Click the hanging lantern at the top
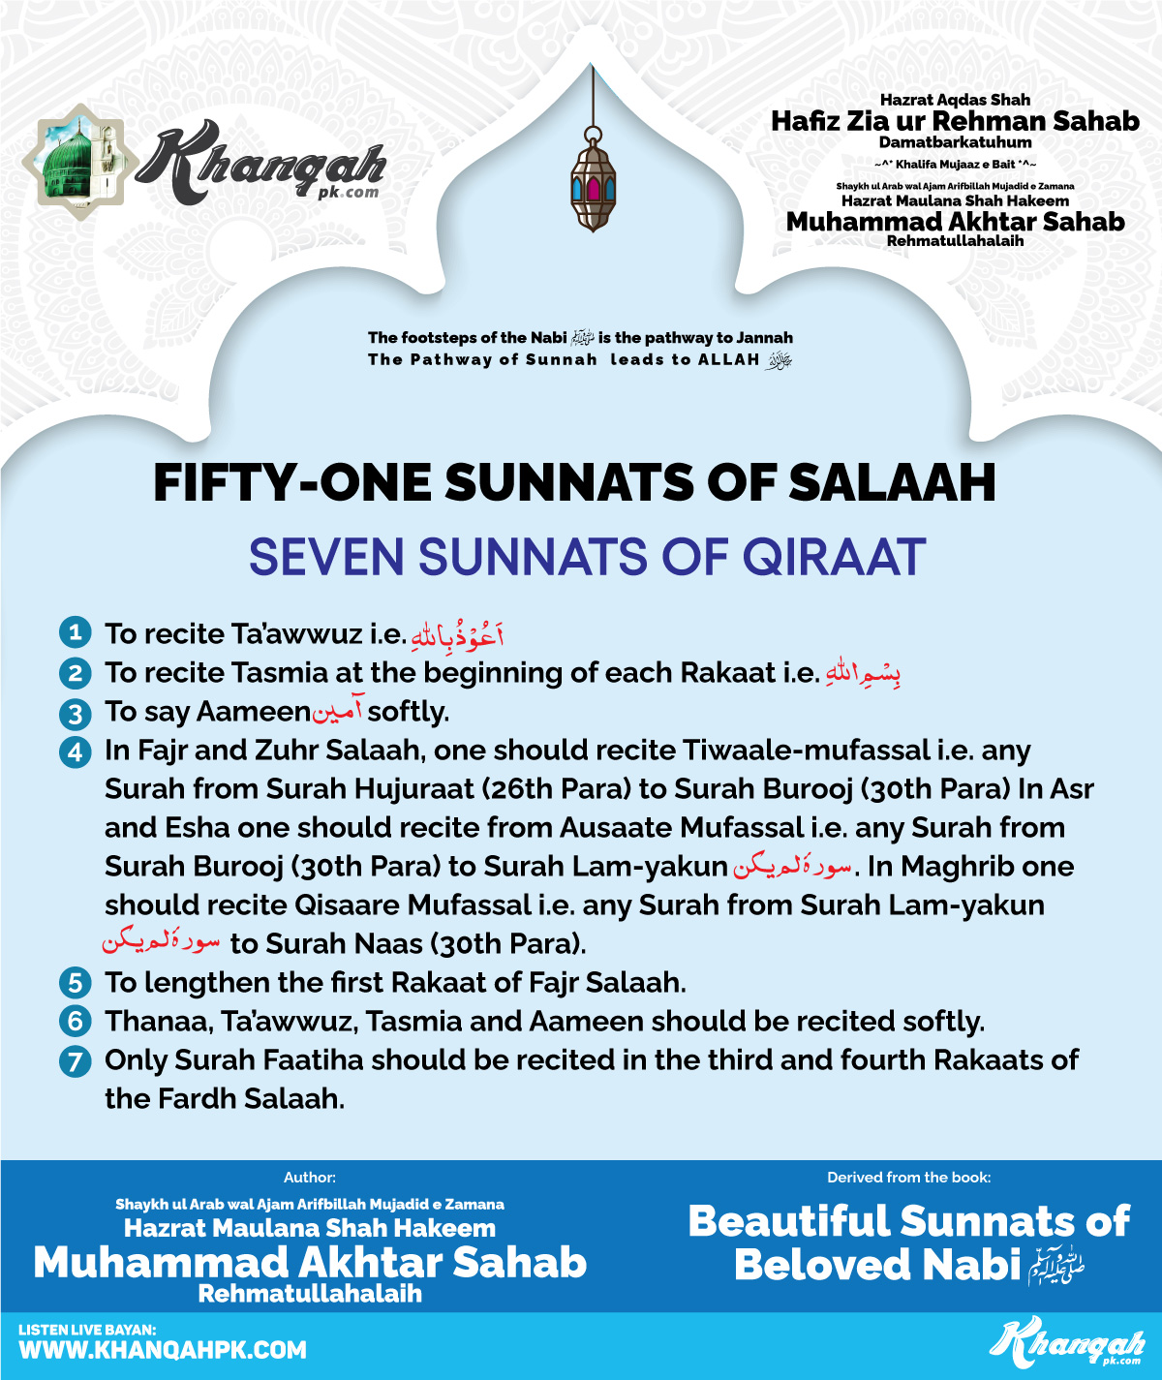pos(593,182)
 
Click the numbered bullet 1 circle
pos(75,633)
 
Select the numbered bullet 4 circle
pos(75,751)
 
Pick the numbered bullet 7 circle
pos(75,1061)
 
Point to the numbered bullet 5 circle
pos(75,984)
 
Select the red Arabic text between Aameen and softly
pos(338,713)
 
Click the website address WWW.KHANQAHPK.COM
pos(163,1351)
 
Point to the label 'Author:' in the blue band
pos(310,1178)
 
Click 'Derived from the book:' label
pos(908,1178)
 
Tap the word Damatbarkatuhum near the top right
pos(955,142)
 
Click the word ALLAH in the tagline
pos(729,359)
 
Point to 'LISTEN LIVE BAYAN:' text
pos(87,1330)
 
